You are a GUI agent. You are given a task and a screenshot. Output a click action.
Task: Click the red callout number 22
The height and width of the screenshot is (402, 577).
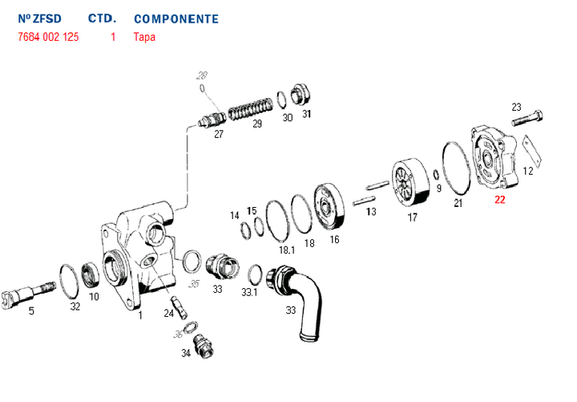click(x=500, y=201)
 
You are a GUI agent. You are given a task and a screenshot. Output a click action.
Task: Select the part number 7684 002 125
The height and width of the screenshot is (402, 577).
click(x=48, y=37)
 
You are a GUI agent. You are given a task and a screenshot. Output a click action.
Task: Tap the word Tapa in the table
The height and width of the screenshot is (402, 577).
click(x=145, y=37)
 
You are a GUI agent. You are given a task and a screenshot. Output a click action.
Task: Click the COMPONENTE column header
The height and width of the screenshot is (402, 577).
click(x=176, y=18)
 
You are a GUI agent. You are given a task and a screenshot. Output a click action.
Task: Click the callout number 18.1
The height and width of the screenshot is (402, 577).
click(x=286, y=250)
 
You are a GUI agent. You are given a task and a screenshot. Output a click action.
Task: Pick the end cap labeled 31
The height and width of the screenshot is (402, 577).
click(x=301, y=94)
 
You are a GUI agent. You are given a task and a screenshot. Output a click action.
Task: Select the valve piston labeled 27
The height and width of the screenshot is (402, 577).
click(x=212, y=122)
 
